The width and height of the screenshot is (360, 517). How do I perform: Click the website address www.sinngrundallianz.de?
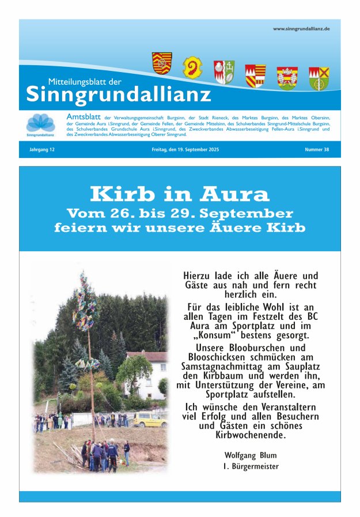301,29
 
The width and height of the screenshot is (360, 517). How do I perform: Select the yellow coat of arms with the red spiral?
192,67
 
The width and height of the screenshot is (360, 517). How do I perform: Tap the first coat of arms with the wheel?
162,63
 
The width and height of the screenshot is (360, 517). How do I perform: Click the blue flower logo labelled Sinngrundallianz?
40,123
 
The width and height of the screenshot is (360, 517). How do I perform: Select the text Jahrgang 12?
41,150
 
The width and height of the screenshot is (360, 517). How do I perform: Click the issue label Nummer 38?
317,150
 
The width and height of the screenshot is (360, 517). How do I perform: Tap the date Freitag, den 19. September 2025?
181,150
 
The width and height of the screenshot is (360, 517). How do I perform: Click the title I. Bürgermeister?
251,466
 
